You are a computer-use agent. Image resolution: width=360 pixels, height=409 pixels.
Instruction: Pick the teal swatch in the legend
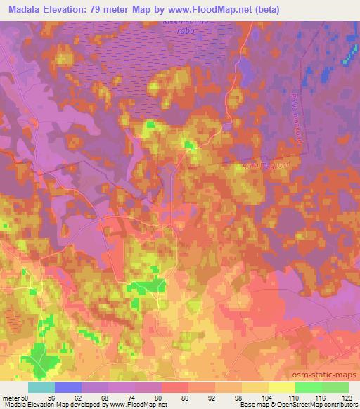click(41, 387)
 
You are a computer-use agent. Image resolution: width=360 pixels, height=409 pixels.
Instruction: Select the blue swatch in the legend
click(68, 387)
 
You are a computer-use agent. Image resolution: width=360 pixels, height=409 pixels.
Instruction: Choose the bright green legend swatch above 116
click(308, 387)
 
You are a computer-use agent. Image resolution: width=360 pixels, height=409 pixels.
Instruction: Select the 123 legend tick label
click(347, 398)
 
